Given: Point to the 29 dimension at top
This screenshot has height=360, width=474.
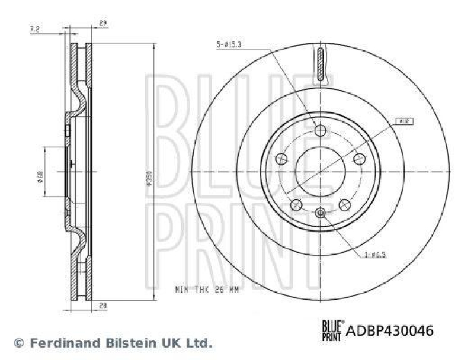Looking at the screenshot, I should (103, 23).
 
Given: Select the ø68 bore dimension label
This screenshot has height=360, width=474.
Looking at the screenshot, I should (41, 178).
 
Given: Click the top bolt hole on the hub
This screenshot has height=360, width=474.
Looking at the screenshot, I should (321, 130).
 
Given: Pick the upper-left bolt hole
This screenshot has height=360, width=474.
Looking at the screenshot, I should (282, 159).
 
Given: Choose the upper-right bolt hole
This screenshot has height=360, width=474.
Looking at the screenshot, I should (359, 159).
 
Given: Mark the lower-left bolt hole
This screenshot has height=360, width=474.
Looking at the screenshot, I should (296, 204).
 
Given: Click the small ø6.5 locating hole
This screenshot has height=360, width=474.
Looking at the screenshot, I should (321, 212).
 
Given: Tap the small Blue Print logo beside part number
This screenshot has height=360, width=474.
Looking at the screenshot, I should (332, 330).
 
